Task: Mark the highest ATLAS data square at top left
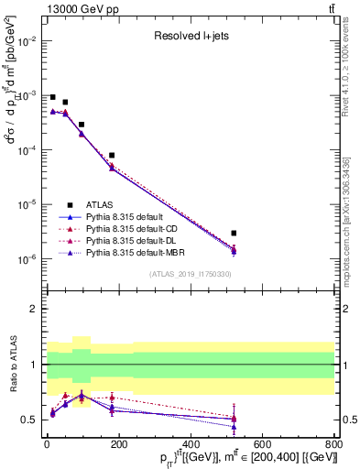coord(53,97)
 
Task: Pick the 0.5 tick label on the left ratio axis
coord(27,420)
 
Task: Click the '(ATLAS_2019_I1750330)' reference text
coord(191,274)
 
